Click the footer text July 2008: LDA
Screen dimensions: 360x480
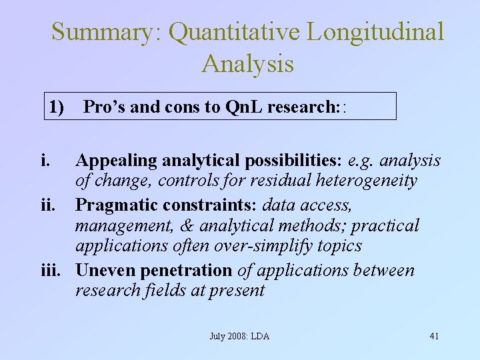[239, 336]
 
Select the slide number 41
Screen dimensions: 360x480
[434, 336]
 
